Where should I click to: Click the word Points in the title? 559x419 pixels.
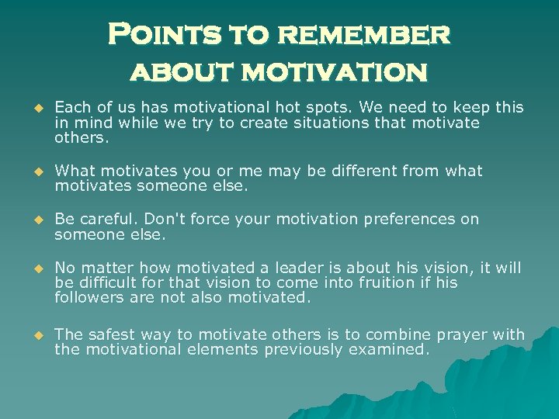(149, 35)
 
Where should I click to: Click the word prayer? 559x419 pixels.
(457, 334)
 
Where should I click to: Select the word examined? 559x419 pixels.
(388, 349)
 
